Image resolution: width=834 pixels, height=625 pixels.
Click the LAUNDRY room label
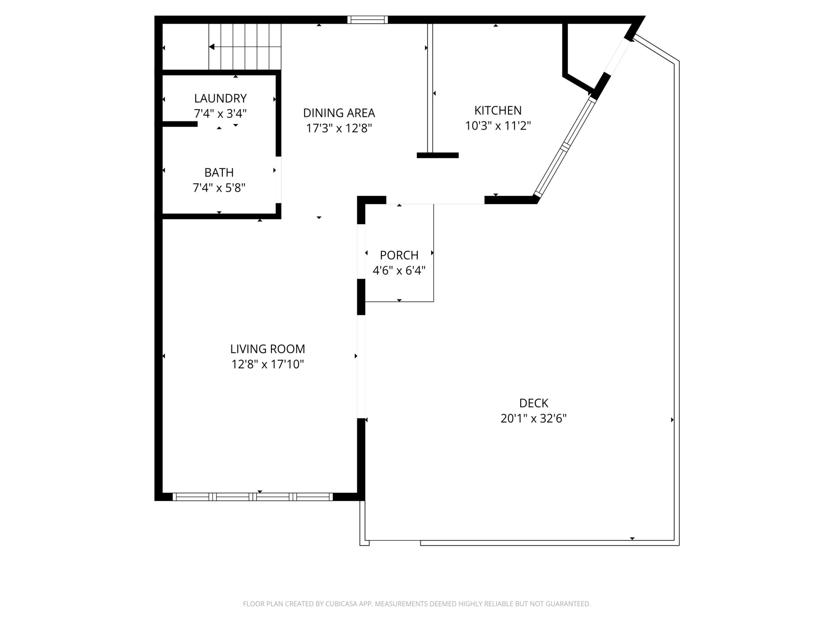[220, 98]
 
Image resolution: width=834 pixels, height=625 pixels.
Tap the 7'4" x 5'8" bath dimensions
[219, 187]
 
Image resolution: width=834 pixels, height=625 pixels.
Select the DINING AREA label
[339, 113]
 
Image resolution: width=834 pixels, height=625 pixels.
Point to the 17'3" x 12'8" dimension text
[339, 128]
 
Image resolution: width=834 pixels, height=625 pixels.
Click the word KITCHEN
[498, 110]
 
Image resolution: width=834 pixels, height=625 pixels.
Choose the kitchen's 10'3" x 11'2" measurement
[498, 126]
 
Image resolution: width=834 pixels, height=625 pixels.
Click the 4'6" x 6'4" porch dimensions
[399, 271]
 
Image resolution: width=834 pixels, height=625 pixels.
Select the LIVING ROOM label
[267, 349]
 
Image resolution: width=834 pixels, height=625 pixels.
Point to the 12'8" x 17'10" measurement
[267, 364]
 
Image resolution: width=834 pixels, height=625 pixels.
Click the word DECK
[533, 403]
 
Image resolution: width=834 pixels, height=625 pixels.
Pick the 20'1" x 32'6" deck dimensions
[533, 419]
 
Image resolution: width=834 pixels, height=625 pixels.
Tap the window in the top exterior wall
[367, 20]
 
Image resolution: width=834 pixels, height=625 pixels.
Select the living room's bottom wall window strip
[253, 497]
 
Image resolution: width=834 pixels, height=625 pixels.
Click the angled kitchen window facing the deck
[564, 147]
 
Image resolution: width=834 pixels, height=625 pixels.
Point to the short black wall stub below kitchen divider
[437, 155]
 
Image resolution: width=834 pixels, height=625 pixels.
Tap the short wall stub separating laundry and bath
[180, 124]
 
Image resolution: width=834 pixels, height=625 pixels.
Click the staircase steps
[245, 47]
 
